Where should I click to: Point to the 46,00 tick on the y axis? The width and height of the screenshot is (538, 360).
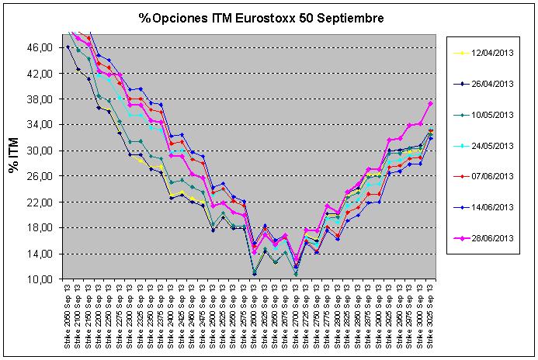pyautogui.click(x=40, y=47)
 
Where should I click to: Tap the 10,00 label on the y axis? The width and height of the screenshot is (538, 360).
pyautogui.click(x=40, y=279)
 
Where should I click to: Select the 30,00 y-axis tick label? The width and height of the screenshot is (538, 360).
pyautogui.click(x=40, y=151)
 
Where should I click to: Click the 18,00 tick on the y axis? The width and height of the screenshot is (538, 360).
pyautogui.click(x=40, y=228)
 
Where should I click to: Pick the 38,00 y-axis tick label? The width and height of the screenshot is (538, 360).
pyautogui.click(x=40, y=99)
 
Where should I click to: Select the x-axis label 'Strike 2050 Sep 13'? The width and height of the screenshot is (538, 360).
pyautogui.click(x=69, y=318)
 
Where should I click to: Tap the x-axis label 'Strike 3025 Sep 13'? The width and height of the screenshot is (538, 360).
pyautogui.click(x=431, y=318)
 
